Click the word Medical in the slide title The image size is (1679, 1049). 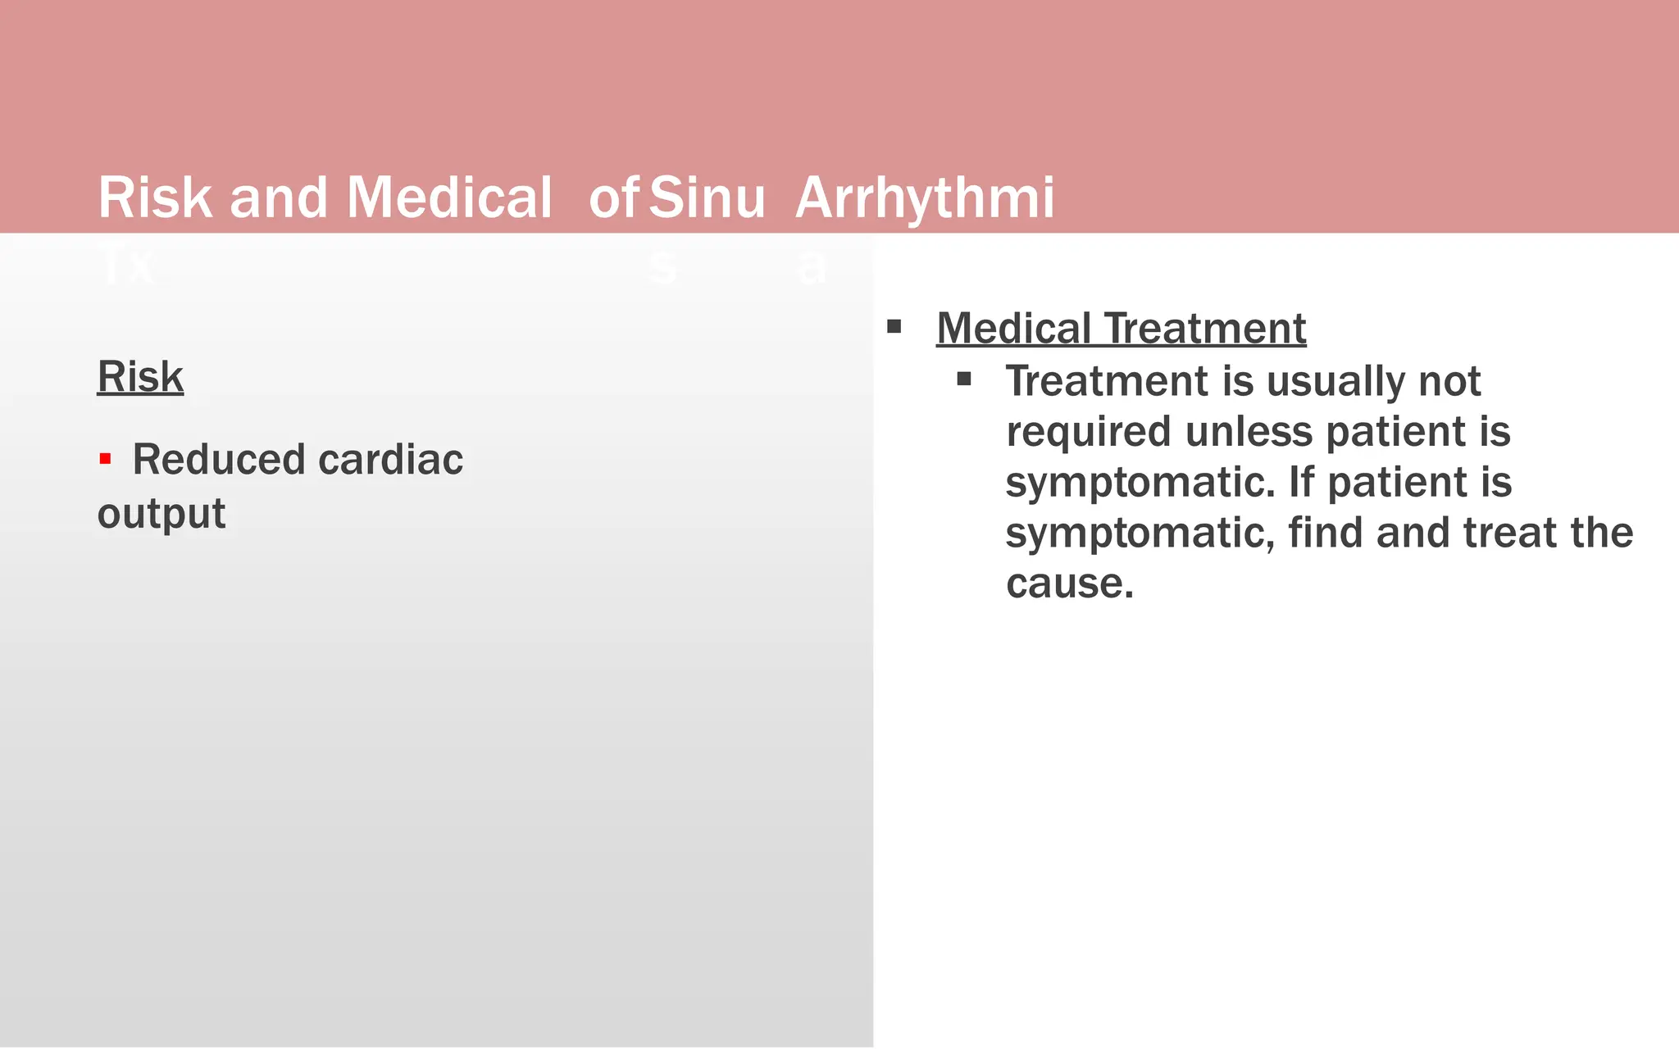click(x=448, y=198)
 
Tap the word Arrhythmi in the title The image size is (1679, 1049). click(x=925, y=198)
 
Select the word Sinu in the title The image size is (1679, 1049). click(x=707, y=198)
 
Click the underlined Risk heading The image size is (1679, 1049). click(x=140, y=377)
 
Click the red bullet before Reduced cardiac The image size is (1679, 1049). click(x=105, y=459)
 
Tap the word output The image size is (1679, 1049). click(x=161, y=514)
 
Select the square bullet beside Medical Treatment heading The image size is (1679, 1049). click(x=894, y=328)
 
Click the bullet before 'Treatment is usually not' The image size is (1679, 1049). click(x=964, y=379)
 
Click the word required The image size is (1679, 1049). click(x=1089, y=432)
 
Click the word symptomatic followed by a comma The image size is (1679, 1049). click(x=1140, y=534)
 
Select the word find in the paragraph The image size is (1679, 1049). click(x=1326, y=533)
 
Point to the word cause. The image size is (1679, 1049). click(x=1069, y=584)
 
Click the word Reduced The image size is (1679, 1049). click(x=219, y=459)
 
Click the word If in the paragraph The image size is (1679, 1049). click(x=1301, y=482)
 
